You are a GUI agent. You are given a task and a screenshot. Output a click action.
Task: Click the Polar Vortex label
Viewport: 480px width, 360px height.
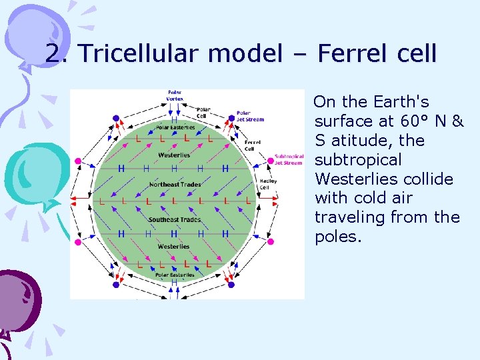coord(175,95)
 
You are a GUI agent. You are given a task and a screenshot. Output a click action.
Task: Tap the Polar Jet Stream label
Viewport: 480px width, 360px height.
coord(250,116)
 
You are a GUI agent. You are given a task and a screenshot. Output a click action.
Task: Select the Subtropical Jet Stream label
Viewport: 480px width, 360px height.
coord(289,159)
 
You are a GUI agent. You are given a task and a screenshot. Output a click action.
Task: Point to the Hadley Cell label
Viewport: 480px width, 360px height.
coord(268,183)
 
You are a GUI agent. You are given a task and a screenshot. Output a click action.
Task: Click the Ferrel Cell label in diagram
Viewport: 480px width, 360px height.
coord(252,145)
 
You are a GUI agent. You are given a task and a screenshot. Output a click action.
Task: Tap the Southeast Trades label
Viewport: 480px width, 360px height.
coord(174,219)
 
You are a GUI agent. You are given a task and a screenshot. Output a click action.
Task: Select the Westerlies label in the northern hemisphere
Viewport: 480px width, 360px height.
coord(174,155)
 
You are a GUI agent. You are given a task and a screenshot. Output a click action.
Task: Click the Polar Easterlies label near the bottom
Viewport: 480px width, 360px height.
coord(175,274)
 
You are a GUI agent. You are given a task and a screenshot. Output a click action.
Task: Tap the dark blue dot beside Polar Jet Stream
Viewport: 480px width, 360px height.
coord(232,118)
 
